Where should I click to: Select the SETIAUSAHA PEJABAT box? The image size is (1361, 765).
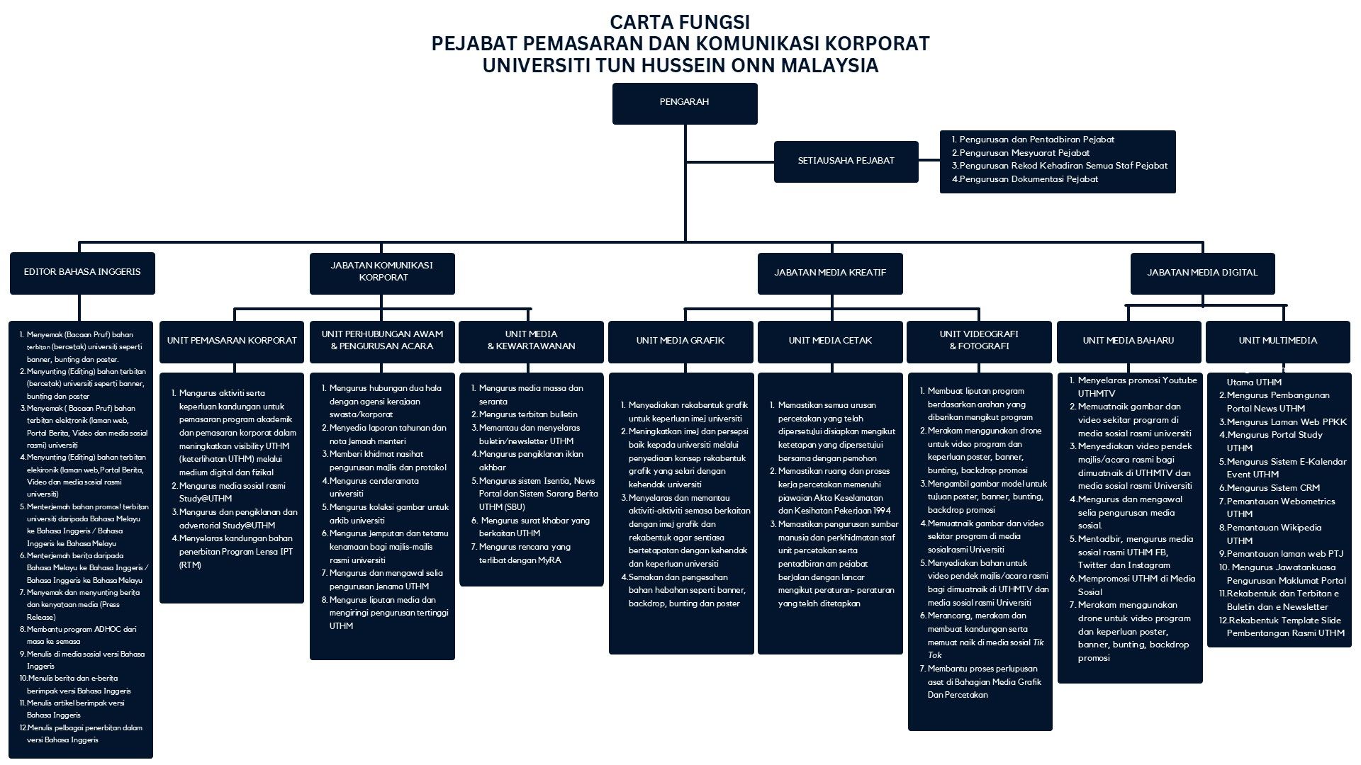(x=846, y=161)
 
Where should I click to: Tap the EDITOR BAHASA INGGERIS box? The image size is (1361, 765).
(x=82, y=273)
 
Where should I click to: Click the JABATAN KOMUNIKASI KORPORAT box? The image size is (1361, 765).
(x=382, y=273)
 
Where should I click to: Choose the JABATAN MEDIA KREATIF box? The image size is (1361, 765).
(x=829, y=273)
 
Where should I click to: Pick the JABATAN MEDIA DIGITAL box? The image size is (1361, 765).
(x=1202, y=273)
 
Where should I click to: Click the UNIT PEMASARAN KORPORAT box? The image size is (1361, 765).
(x=232, y=341)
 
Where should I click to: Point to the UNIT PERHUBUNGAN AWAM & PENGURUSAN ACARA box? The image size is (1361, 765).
(x=382, y=341)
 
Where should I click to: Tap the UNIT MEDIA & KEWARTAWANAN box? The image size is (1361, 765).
(x=531, y=341)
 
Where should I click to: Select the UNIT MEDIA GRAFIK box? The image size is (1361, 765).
(x=680, y=341)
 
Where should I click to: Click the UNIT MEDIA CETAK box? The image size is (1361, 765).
(x=830, y=341)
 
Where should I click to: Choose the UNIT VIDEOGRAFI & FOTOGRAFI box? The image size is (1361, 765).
(x=979, y=341)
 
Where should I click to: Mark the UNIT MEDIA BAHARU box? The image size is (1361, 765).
(x=1128, y=341)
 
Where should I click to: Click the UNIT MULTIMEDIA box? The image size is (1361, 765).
(x=1277, y=341)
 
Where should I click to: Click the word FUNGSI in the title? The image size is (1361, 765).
(x=717, y=22)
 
